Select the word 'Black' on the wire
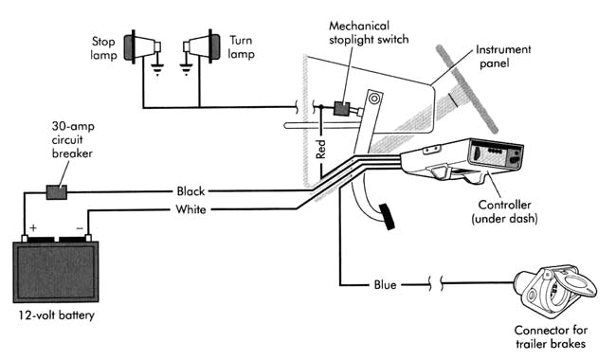pos(190,191)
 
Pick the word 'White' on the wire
pos(190,208)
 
